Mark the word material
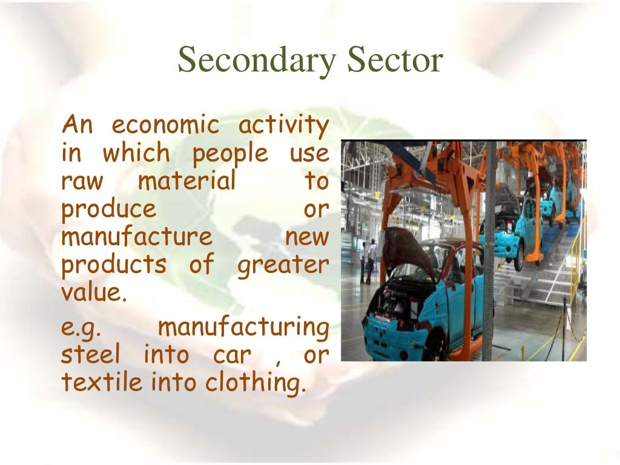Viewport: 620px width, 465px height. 186,181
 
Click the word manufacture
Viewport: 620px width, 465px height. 137,237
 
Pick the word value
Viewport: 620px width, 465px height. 94,293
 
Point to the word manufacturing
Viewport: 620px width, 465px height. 243,328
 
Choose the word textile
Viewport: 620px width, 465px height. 102,383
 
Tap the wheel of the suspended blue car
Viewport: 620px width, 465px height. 518,257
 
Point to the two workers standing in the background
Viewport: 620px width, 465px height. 368,260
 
